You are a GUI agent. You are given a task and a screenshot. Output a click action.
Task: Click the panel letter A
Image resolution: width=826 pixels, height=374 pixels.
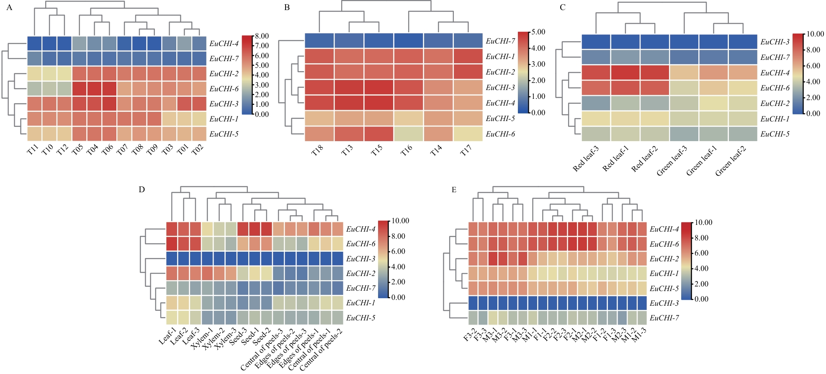(x=9, y=8)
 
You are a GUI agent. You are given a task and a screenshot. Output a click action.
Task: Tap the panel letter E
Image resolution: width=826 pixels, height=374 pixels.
(x=454, y=190)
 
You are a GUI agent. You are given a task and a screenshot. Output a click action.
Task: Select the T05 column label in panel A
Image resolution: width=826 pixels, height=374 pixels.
(x=78, y=150)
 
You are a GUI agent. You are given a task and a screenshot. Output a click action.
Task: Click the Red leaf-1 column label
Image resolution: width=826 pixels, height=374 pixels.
(x=615, y=159)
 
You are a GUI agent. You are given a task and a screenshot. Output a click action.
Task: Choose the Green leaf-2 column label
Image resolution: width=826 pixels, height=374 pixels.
(x=731, y=161)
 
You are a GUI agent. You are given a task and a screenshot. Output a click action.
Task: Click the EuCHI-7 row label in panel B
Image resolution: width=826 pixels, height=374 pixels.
(x=500, y=41)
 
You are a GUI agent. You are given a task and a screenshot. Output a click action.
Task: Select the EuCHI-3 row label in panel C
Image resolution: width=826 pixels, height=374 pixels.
(x=775, y=42)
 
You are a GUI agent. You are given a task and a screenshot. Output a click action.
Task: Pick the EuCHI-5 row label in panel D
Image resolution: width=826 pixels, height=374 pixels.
(x=360, y=318)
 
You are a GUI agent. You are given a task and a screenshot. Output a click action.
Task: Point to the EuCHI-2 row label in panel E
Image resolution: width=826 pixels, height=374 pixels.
(x=664, y=259)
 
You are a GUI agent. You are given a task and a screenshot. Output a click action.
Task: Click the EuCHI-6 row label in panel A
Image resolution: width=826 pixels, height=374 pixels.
(x=224, y=89)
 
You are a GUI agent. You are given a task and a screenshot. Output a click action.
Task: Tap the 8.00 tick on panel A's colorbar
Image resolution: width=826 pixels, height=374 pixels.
(x=262, y=36)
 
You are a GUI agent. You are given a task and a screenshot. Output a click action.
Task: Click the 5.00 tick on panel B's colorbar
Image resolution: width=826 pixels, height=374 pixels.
(x=538, y=32)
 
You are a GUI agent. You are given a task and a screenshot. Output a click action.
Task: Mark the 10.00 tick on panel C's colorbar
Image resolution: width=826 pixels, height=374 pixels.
(x=815, y=34)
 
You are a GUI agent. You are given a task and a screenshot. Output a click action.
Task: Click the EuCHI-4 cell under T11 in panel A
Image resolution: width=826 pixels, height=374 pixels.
(x=35, y=43)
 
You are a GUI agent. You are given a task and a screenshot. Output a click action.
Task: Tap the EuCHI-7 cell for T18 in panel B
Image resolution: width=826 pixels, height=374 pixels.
(x=319, y=41)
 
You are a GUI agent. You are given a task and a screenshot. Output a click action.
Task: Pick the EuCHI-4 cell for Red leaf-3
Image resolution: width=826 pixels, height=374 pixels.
(x=596, y=72)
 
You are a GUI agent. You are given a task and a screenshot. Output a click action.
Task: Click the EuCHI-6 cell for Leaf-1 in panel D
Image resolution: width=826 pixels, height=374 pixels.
(x=172, y=244)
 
